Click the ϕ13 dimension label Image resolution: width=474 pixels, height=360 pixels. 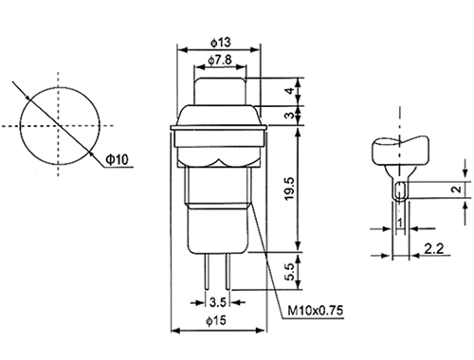click(x=221, y=43)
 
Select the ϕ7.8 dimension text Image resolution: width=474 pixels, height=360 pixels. click(x=220, y=60)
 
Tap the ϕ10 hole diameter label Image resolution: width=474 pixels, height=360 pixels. click(x=117, y=159)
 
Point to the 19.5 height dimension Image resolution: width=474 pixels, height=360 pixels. click(x=289, y=189)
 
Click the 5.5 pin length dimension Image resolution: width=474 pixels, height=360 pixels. click(x=289, y=272)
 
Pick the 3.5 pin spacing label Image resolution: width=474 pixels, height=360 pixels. click(x=218, y=302)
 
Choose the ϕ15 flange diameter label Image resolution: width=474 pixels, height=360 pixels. click(x=216, y=321)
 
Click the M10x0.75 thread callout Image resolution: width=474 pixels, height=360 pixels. click(x=315, y=311)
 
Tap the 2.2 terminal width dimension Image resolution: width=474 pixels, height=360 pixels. click(x=433, y=249)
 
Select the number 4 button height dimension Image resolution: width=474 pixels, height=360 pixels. click(x=289, y=91)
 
